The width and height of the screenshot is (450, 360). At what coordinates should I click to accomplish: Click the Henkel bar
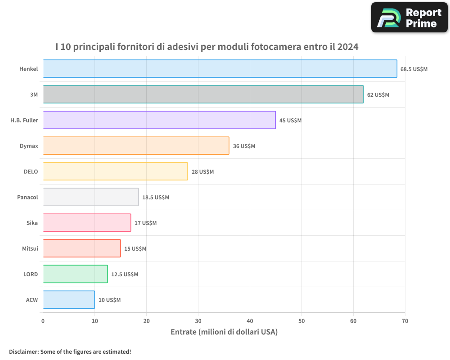(220, 69)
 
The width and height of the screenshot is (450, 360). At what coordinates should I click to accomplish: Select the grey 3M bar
(203, 94)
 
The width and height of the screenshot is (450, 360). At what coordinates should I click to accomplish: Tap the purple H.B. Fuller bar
(159, 120)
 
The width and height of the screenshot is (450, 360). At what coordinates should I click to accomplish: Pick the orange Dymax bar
(136, 146)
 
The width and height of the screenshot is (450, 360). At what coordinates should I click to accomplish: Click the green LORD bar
(75, 274)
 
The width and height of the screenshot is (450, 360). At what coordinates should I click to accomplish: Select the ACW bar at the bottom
(68, 300)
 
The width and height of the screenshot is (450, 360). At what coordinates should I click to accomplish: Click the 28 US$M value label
(202, 171)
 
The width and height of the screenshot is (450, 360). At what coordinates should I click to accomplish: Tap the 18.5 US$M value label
(156, 197)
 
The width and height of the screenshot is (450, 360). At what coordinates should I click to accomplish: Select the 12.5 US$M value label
(125, 274)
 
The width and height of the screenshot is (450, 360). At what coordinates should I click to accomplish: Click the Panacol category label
(27, 197)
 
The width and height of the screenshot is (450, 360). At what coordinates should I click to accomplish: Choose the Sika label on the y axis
(32, 223)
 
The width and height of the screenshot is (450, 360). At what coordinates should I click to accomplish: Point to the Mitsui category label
(30, 248)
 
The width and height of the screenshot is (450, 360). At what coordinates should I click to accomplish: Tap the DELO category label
(31, 171)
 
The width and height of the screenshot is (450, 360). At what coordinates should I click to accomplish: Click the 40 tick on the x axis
(250, 321)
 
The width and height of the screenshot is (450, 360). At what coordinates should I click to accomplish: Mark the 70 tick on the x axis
(405, 321)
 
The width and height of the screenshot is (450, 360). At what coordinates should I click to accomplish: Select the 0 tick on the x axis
(43, 321)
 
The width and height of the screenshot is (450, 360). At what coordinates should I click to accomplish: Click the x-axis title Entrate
(185, 332)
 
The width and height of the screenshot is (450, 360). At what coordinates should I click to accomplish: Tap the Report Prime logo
(409, 18)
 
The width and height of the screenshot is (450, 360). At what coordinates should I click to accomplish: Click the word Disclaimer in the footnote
(23, 351)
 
